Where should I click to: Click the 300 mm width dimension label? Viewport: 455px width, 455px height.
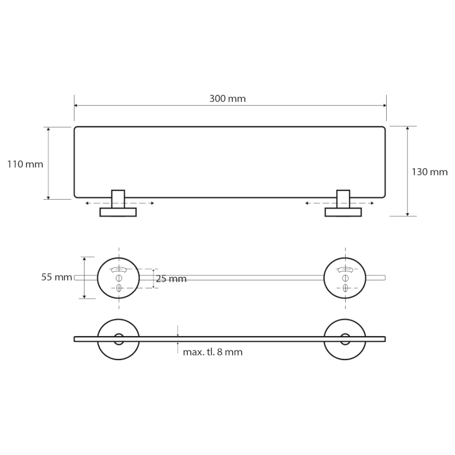227,98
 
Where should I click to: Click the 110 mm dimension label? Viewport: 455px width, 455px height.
25,164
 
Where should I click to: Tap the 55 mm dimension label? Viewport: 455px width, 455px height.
56,278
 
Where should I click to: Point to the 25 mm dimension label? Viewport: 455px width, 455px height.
171,279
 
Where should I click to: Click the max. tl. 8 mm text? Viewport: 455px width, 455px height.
213,352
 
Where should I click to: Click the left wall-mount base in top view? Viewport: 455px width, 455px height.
118,212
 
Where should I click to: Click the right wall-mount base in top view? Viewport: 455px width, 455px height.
343,212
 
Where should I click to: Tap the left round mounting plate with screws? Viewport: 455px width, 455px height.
118,278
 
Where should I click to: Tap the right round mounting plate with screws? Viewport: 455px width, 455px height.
344,278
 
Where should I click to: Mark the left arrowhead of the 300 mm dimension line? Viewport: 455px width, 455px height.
76,105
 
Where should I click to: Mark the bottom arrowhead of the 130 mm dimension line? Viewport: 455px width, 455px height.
408,214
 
